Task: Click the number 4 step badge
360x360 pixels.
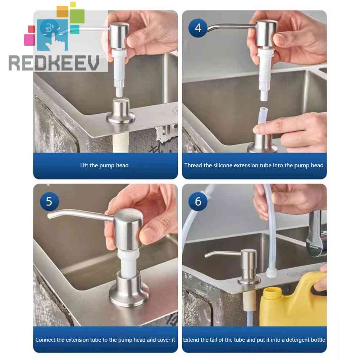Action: point(198,27)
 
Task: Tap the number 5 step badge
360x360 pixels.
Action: point(49,201)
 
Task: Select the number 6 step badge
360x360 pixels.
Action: point(198,201)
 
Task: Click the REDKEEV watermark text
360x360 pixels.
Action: point(54,63)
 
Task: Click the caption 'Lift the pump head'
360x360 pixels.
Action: point(104,165)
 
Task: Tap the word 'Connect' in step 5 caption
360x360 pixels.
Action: point(46,340)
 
